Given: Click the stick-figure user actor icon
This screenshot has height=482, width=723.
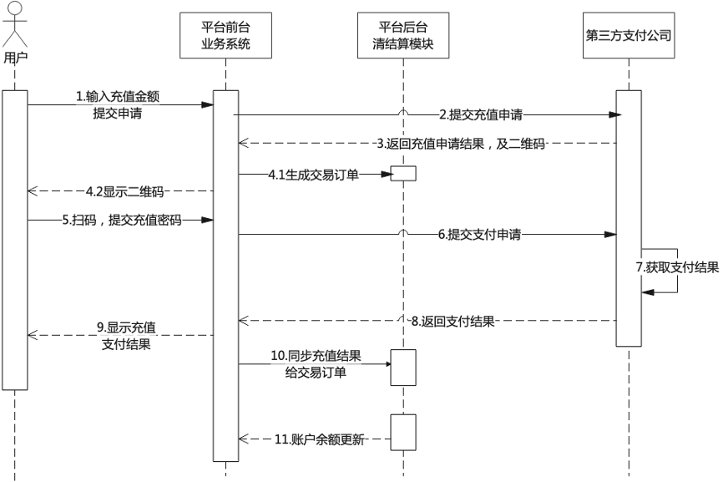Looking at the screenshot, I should coord(14,25).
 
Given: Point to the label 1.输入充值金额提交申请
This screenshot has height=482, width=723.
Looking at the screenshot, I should coord(117,105).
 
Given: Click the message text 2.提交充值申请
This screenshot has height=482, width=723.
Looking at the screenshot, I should coord(486,114).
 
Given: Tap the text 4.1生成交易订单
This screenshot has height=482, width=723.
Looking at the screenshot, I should coord(313,175).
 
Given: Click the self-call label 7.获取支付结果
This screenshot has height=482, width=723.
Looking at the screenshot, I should coord(677,267).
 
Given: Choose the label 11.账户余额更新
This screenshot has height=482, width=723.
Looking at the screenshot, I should coord(319,439).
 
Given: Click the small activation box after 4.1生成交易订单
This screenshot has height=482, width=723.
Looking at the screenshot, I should coord(402,174).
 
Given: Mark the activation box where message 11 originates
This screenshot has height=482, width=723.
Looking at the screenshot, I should coord(402,432).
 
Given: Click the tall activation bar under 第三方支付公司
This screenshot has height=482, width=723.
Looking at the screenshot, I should coord(628,217).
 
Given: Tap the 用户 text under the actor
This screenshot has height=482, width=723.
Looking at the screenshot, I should coord(14,58).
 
